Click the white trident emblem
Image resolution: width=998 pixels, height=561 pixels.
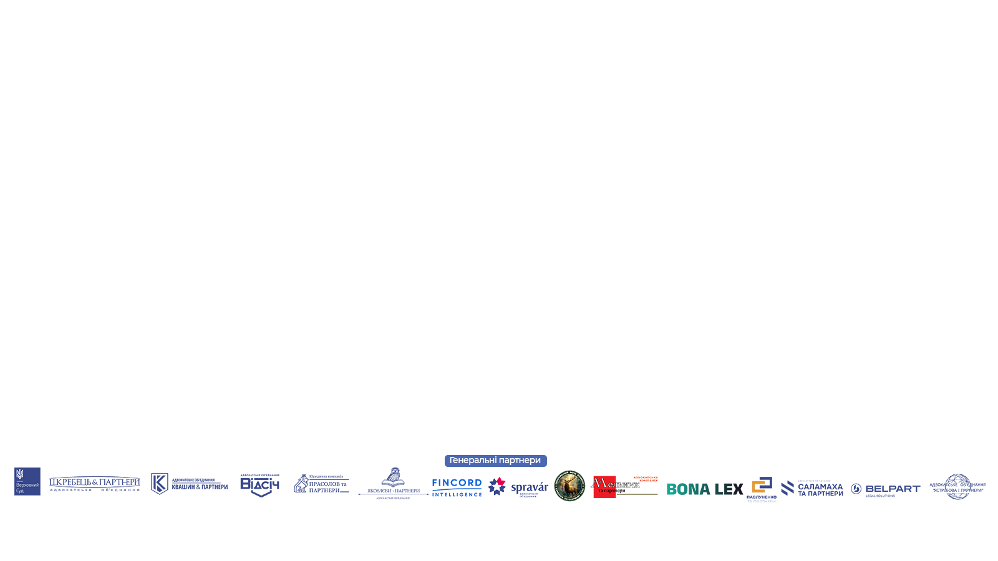(x=19, y=474)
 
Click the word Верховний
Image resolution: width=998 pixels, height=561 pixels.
(x=27, y=485)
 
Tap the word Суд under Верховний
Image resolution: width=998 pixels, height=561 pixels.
(x=20, y=491)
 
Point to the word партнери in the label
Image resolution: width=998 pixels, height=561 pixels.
(x=520, y=461)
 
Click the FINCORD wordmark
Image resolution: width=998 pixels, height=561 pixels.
(x=457, y=483)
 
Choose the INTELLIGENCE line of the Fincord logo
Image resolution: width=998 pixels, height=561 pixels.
(x=457, y=492)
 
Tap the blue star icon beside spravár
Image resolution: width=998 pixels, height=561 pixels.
(x=497, y=487)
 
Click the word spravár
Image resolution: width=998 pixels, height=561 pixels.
(x=530, y=487)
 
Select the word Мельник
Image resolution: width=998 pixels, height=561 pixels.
(x=615, y=483)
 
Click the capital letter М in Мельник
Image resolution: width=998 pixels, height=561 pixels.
(x=596, y=483)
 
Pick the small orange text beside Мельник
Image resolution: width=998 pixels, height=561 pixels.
(x=647, y=478)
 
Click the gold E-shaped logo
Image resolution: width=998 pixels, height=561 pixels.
(x=757, y=484)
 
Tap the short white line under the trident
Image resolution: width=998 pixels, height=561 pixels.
(x=19, y=481)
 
